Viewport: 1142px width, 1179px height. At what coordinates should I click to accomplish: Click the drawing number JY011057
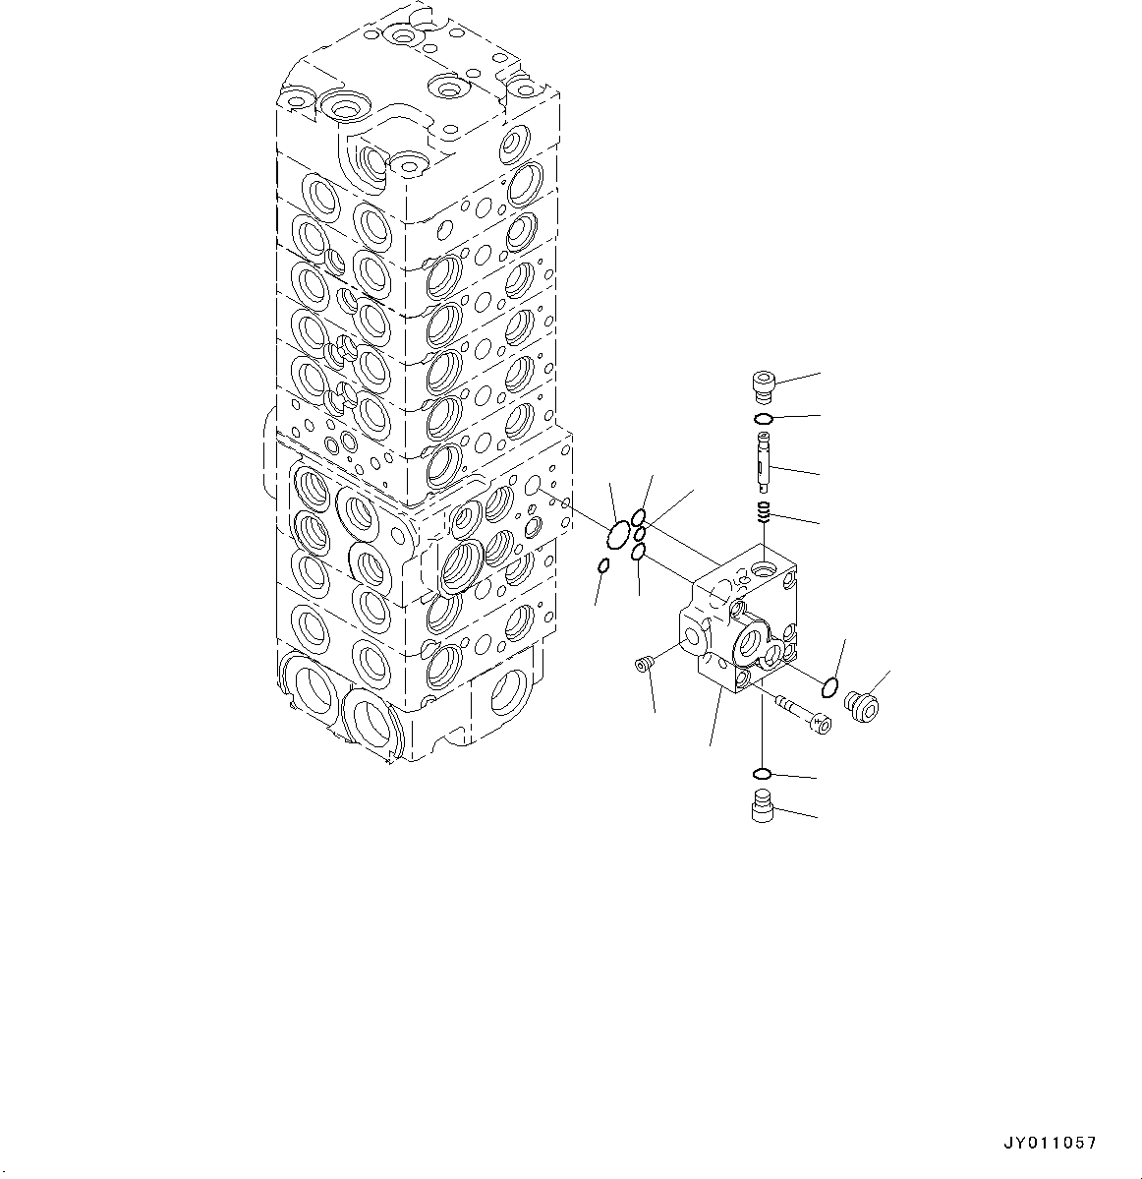pos(1049,1144)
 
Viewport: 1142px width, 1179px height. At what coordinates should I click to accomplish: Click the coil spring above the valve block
pos(762,511)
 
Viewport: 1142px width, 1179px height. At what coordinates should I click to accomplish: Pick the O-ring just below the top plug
pos(763,420)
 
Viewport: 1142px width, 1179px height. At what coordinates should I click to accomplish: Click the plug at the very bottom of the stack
pos(760,806)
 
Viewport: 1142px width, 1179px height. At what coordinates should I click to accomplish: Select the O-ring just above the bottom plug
pos(761,772)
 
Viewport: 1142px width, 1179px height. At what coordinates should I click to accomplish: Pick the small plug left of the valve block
pos(645,667)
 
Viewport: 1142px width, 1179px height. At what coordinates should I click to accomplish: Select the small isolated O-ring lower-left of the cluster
pos(603,565)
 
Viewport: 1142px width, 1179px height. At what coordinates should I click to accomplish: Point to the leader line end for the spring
pos(819,523)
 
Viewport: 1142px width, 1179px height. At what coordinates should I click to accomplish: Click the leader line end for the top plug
pos(819,373)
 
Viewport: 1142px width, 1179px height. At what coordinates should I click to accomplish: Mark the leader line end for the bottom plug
pos(817,817)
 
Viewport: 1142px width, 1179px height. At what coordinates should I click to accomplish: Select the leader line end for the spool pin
pos(819,476)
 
